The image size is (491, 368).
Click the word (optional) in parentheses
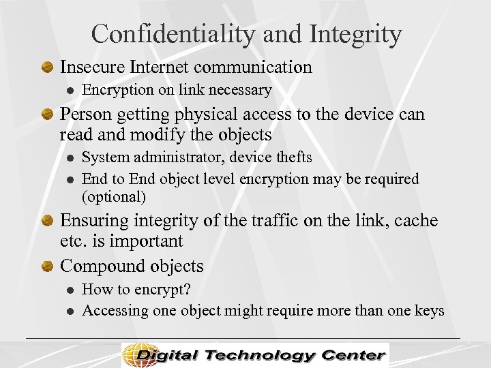click(114, 197)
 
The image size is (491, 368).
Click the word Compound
click(99, 266)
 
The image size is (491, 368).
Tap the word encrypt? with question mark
click(164, 290)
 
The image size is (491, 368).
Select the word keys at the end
click(430, 311)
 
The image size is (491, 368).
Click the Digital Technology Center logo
click(255, 355)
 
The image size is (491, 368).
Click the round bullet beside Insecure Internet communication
click(48, 67)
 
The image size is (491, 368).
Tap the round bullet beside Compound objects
click(48, 266)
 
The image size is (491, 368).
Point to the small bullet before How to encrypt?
click(69, 290)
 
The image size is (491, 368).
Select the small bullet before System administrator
click(69, 158)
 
